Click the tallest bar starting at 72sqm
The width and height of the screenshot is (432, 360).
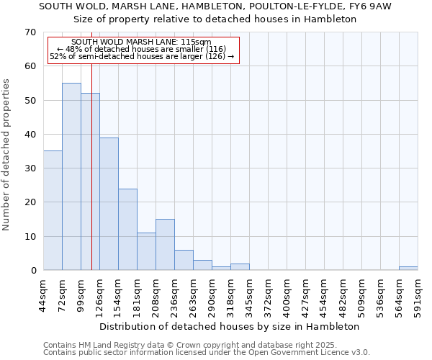coord(71,176)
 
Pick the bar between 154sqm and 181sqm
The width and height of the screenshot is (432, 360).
coord(127,229)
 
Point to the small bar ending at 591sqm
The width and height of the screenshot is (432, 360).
coord(408,269)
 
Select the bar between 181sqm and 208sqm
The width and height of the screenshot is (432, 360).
coord(146,251)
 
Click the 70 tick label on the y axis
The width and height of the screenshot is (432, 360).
coord(30,32)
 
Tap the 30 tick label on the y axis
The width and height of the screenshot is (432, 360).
coord(30,168)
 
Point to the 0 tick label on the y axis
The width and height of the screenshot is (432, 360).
coord(32,271)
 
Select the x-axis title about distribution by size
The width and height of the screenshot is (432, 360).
coord(229,326)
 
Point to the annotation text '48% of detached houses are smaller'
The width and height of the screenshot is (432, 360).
coord(141,49)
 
